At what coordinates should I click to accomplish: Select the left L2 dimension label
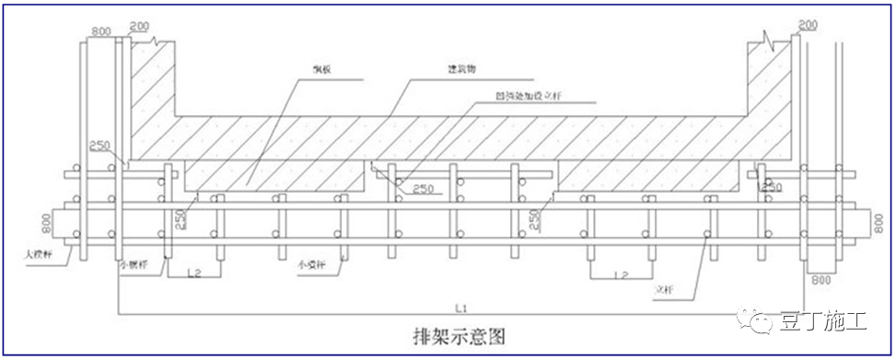point(193,272)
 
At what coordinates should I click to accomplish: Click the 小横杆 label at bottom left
point(135,262)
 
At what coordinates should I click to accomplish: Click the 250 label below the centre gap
point(424,190)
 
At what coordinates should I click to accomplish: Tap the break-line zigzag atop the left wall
point(162,41)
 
